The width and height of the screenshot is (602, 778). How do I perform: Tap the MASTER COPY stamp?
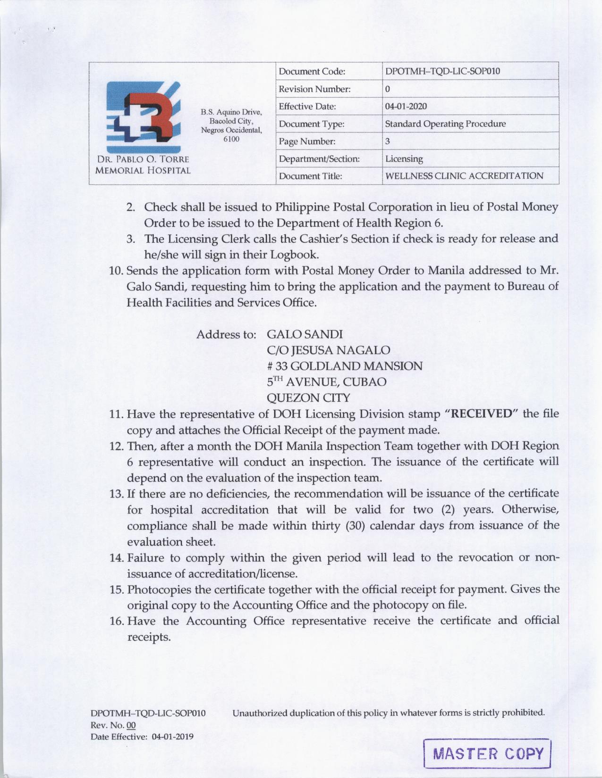(488, 753)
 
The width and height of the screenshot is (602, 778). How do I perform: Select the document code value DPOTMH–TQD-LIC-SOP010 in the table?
(442, 72)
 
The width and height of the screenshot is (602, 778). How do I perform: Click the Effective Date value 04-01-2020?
(406, 107)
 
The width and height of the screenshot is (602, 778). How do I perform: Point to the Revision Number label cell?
(314, 89)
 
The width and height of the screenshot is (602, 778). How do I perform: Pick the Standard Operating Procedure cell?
(445, 124)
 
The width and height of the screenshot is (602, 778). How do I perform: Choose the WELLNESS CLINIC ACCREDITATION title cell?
(464, 176)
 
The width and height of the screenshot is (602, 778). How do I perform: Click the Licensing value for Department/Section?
(404, 159)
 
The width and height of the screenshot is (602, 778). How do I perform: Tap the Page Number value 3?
(388, 141)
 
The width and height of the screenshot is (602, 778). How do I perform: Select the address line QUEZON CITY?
(308, 398)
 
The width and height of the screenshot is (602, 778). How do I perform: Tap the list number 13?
(116, 494)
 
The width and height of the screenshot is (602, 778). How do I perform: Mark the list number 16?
(116, 621)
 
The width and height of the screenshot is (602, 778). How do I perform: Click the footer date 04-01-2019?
(172, 737)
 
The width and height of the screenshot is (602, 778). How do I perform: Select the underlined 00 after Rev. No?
(131, 725)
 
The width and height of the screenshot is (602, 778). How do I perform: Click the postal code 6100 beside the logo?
(231, 139)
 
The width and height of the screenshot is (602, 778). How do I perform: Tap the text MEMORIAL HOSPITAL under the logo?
(143, 171)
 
